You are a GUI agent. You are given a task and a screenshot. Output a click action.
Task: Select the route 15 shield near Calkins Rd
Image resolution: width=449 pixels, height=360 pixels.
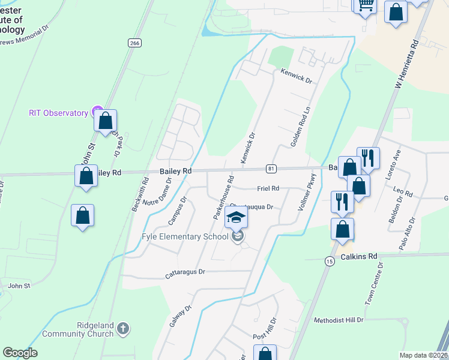point(329,260)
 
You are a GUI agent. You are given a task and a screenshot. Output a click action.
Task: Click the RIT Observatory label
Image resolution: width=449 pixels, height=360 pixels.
point(59,113)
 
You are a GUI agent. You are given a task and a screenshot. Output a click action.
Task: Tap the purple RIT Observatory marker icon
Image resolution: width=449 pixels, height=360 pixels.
point(95,112)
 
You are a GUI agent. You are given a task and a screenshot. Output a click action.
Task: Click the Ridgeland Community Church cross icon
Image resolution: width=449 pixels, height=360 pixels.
point(123,328)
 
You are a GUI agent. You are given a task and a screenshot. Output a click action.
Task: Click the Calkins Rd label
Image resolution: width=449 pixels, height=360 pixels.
point(360,256)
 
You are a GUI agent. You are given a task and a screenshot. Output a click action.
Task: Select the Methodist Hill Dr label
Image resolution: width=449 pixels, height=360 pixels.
point(339,320)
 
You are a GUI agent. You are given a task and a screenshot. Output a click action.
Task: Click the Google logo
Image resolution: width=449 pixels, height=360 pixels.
point(20,353)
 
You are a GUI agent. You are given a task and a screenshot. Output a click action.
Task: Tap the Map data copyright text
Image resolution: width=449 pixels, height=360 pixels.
point(424,355)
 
